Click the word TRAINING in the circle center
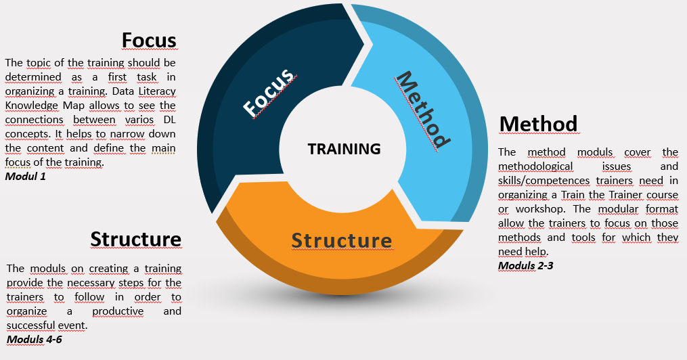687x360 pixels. coord(344,149)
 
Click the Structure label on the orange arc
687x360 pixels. coord(342,240)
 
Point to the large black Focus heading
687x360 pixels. coord(149,41)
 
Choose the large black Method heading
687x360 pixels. coord(538,124)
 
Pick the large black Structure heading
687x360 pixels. coord(135,239)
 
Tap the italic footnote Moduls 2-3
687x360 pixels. coord(526,265)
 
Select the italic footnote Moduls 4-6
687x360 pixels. coord(34,339)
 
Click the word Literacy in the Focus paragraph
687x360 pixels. coord(156,91)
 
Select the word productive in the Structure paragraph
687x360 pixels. coord(118,311)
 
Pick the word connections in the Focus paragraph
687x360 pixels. coord(34,120)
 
